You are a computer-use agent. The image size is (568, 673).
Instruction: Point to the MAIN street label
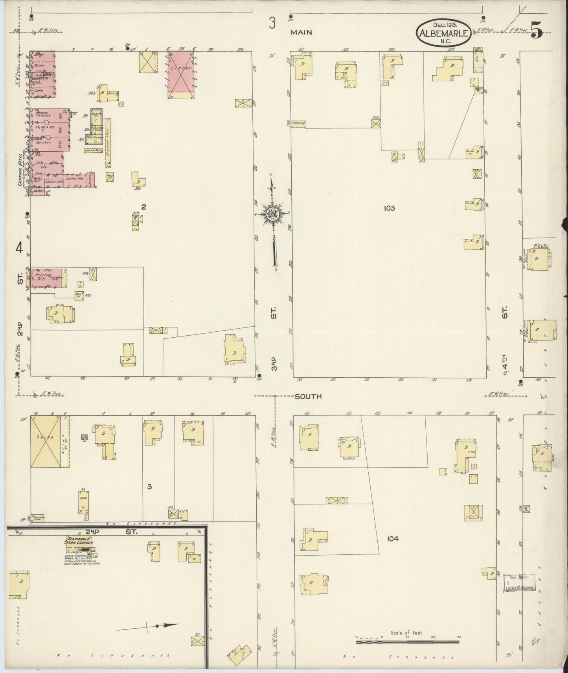coord(301,33)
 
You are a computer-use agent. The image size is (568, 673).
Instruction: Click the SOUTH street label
coord(308,396)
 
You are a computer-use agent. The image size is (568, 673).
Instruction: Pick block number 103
coord(389,208)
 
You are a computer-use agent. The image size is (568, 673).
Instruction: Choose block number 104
coord(392,539)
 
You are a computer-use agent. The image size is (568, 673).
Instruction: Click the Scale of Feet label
coord(406,633)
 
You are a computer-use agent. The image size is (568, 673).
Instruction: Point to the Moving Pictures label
coord(42,115)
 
